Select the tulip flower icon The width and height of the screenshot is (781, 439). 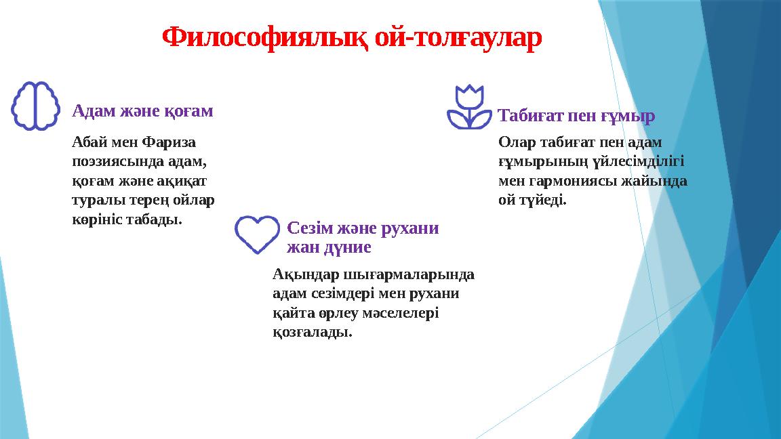(470, 107)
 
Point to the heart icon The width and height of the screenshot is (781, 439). (257, 234)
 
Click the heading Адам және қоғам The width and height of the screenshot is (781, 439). (142, 110)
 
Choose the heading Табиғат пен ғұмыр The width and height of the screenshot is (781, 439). (576, 116)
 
